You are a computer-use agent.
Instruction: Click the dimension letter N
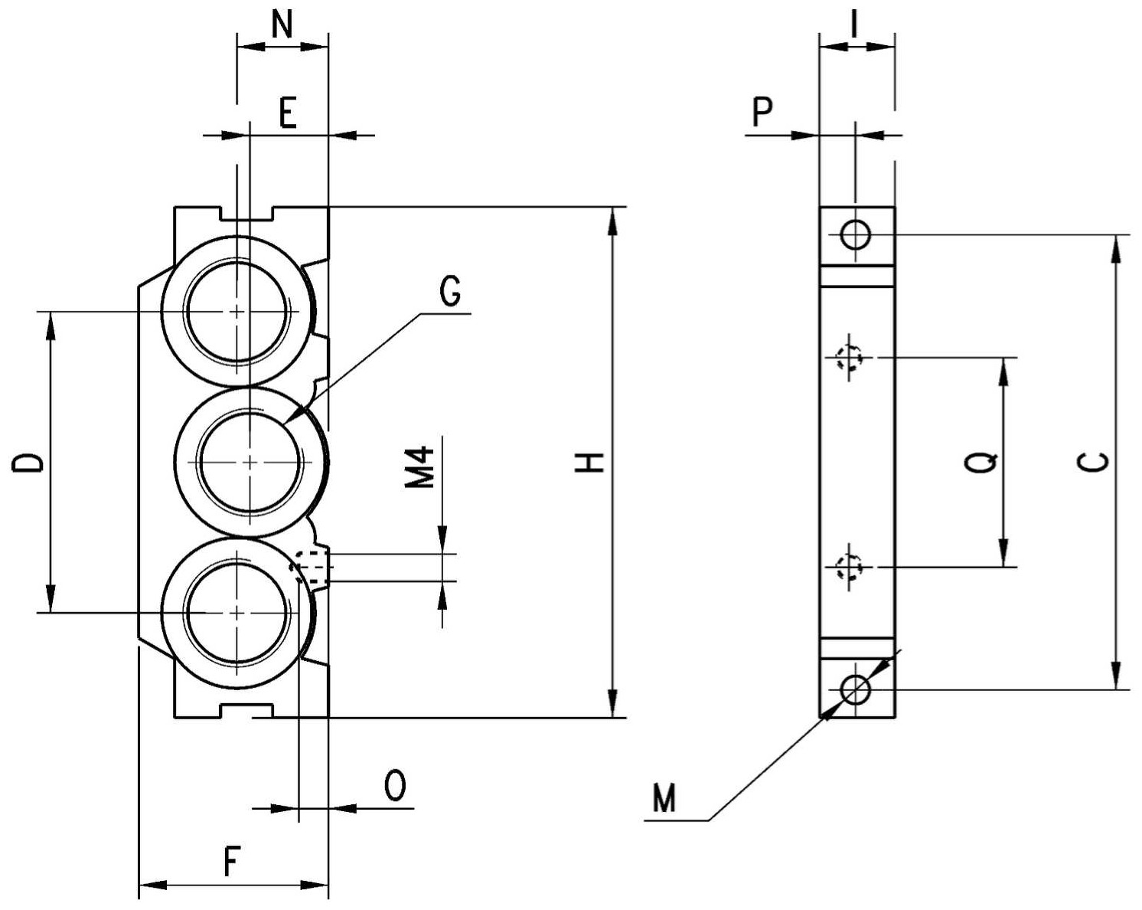tap(282, 25)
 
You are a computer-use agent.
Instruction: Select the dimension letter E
tap(288, 113)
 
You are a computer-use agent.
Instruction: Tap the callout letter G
tap(451, 292)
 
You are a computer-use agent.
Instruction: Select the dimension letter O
tap(395, 785)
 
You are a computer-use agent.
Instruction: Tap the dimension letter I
tap(854, 25)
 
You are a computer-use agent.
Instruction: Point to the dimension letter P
tap(762, 112)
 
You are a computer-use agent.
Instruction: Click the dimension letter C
tap(1093, 462)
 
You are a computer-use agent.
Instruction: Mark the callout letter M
tap(664, 798)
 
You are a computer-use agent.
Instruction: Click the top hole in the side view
tap(855, 234)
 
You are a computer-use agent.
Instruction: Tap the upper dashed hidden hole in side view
tap(849, 358)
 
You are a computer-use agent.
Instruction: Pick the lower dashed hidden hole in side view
tap(849, 567)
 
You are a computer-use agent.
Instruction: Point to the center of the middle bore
tap(250, 462)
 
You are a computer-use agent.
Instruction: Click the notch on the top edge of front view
tap(246, 214)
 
